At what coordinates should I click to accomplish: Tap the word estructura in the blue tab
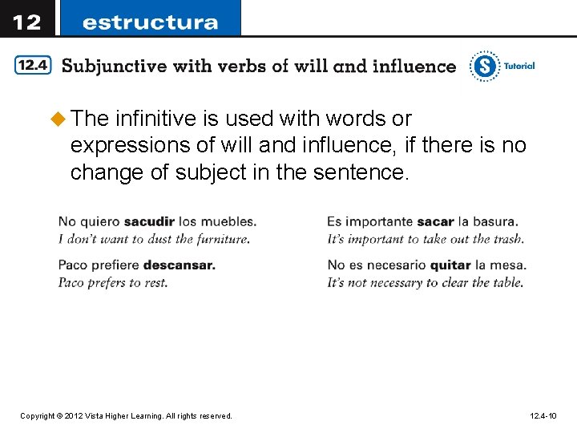(150, 22)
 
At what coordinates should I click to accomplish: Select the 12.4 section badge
(33, 66)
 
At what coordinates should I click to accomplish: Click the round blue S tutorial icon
(484, 66)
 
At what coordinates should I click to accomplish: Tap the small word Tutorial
(518, 66)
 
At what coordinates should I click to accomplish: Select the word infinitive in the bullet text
(155, 119)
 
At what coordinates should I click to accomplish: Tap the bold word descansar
(180, 265)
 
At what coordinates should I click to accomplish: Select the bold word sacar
(435, 221)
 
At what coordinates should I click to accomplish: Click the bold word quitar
(450, 265)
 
